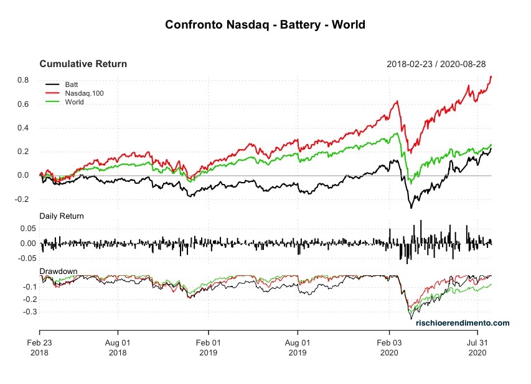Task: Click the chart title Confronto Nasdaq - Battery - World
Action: coord(265,25)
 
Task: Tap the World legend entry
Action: coord(73,102)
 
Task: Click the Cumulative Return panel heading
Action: coord(83,64)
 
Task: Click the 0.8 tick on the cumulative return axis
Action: coord(24,80)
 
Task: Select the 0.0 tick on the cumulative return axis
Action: coord(24,176)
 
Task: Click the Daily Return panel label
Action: coord(62,216)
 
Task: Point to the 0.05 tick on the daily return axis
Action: coord(22,229)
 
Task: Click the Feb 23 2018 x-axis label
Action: coord(40,347)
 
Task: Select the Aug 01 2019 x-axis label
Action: coord(298,347)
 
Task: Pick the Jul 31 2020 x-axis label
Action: coord(477,347)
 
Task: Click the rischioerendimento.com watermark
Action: coord(463,323)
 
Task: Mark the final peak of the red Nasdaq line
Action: coord(491,76)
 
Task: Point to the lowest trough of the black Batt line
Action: coord(411,208)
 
